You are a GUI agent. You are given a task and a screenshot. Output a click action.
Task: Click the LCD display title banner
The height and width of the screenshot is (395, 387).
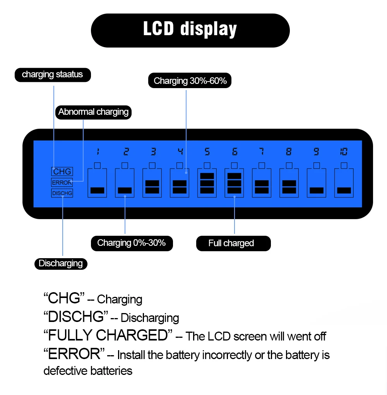point(190,30)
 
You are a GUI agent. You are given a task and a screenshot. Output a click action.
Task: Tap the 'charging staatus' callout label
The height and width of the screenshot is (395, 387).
point(53,75)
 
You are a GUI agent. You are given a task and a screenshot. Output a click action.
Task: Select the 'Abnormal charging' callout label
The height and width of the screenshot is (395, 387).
point(93,112)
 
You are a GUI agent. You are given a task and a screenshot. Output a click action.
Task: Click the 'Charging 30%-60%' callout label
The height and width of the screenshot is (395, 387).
point(190,81)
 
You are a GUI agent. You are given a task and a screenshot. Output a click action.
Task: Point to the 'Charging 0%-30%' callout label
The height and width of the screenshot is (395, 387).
point(132,243)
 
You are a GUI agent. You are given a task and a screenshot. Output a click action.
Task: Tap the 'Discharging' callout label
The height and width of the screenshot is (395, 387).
point(61,264)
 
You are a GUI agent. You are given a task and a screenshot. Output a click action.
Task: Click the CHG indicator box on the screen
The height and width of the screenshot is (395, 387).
point(62,172)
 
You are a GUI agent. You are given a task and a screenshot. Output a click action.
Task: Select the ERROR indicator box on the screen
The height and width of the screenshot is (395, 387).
point(62,182)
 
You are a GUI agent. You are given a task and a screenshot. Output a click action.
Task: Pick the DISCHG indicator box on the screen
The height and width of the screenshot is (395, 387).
point(62,193)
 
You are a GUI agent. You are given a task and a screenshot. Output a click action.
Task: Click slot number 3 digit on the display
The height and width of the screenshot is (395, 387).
point(153,152)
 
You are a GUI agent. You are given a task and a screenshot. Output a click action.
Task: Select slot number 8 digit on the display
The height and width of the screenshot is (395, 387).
point(289,152)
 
